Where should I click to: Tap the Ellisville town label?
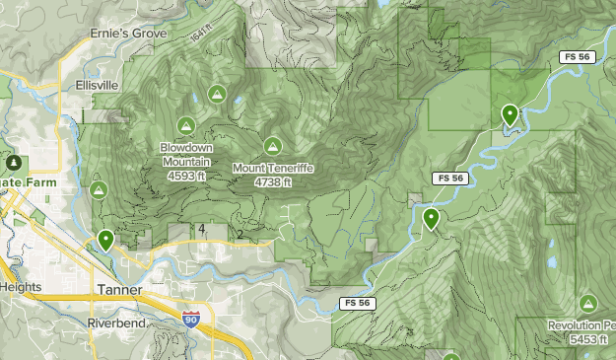click(98, 85)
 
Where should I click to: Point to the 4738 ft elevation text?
click(273, 181)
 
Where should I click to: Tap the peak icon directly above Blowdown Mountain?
click(185, 125)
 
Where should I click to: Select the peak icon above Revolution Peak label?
click(589, 303)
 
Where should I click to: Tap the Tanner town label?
click(120, 290)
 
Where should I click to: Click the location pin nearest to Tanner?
click(105, 240)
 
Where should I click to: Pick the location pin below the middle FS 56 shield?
click(431, 218)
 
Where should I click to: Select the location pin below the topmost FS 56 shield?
click(510, 114)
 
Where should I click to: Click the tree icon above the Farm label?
click(13, 162)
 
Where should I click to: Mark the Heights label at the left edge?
click(21, 287)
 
